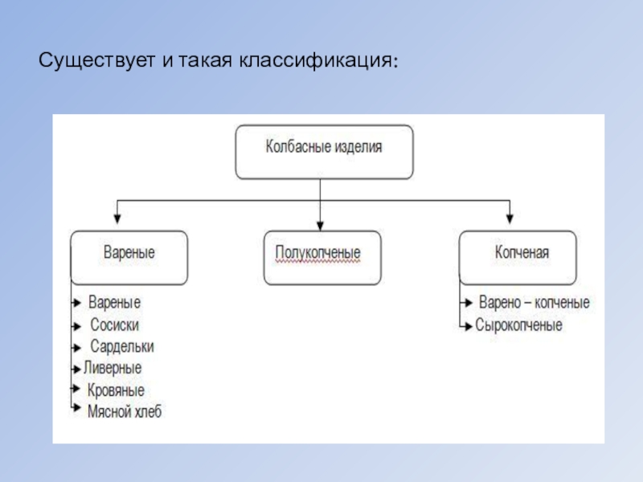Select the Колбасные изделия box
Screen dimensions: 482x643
[x=324, y=150]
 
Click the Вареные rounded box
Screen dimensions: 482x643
[x=129, y=257]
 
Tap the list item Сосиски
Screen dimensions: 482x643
[x=115, y=325]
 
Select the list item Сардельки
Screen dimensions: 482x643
[x=121, y=347]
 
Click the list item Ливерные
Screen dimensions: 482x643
[x=113, y=369]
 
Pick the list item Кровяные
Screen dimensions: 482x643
[x=117, y=390]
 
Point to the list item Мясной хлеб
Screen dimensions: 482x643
[x=125, y=411]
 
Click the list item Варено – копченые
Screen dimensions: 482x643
[x=534, y=304]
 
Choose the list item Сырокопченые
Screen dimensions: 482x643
[x=518, y=325]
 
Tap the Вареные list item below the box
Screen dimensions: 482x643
[x=114, y=304]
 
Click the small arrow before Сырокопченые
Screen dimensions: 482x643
[x=465, y=325]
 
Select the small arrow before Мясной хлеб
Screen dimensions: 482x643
[x=76, y=411]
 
